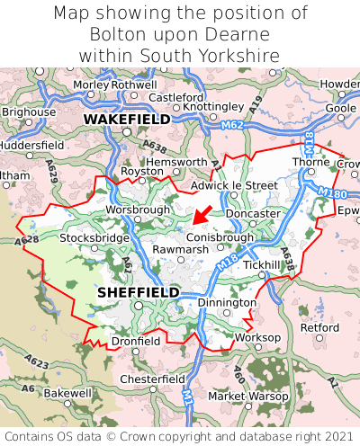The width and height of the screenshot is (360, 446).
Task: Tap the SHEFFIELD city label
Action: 138,293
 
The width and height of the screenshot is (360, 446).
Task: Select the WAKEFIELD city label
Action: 126,119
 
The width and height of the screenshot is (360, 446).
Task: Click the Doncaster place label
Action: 253,213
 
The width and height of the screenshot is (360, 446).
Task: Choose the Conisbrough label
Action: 220,237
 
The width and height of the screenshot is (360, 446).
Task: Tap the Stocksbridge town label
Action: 93,238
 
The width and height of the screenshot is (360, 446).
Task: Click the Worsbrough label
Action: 138,209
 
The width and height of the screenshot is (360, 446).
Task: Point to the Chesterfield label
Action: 152,379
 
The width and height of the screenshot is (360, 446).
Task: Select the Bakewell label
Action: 67,393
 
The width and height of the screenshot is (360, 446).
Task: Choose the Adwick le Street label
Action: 235,185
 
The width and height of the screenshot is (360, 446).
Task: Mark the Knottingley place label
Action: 213,106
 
